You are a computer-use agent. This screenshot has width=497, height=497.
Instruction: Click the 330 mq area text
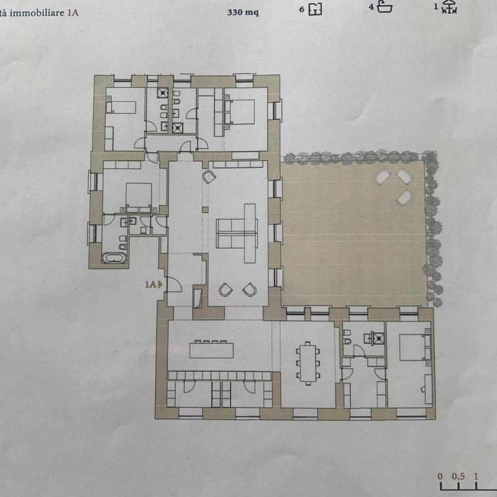click(x=243, y=12)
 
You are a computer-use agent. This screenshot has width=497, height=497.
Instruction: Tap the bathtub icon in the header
click(x=385, y=7)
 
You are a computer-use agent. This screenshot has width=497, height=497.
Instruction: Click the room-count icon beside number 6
click(x=316, y=9)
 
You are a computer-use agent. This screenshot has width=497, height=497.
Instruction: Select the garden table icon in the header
click(x=450, y=7)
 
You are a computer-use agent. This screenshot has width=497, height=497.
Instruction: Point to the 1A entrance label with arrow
click(x=153, y=285)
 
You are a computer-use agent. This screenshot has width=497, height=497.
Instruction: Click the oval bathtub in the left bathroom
click(x=114, y=258)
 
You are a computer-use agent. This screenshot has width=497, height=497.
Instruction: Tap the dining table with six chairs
click(x=308, y=363)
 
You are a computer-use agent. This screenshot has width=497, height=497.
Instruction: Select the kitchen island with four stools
click(x=211, y=349)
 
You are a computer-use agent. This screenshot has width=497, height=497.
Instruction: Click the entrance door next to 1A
click(x=174, y=284)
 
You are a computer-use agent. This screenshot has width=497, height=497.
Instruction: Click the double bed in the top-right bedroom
click(x=241, y=112)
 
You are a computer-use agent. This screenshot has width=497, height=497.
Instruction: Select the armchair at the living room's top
click(x=209, y=176)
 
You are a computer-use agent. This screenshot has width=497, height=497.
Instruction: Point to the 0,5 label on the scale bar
click(x=458, y=476)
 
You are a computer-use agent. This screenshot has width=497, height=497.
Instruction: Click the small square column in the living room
click(x=206, y=209)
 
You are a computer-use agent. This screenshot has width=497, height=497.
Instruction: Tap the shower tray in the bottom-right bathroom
click(x=378, y=338)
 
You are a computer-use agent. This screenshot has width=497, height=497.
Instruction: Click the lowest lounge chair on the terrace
click(x=404, y=198)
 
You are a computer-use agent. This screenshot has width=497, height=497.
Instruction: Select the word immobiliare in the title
click(x=37, y=13)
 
